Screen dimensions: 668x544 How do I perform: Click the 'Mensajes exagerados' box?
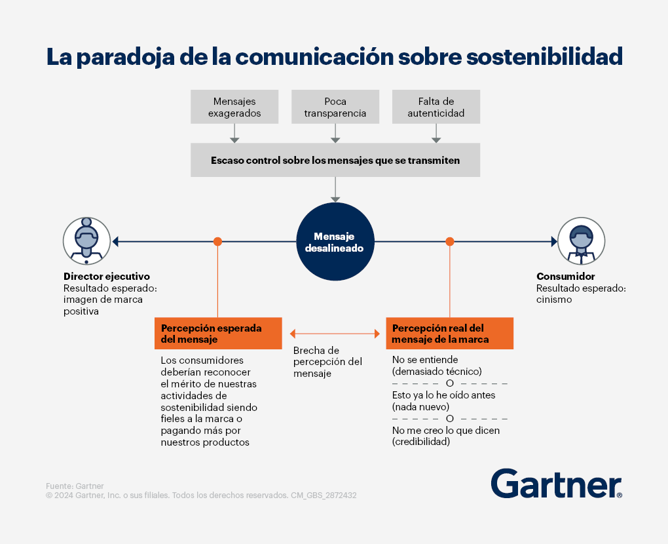(x=234, y=107)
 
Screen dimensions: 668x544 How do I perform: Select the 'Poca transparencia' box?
(x=335, y=107)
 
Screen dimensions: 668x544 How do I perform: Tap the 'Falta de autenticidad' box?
(x=436, y=107)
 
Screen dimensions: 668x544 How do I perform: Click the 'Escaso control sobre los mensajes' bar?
(x=335, y=160)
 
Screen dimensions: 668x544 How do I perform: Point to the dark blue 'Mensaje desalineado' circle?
(x=335, y=241)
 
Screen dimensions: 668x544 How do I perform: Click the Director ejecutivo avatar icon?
(x=87, y=241)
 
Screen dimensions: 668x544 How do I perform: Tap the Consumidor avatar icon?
(x=581, y=241)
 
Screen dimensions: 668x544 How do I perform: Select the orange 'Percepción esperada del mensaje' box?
(x=218, y=334)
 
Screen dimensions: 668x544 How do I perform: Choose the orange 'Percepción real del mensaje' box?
(x=449, y=334)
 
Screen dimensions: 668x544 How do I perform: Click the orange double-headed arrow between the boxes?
(x=335, y=334)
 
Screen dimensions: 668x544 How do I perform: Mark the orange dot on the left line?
(x=217, y=242)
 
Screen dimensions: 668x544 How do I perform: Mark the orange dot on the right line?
(x=450, y=242)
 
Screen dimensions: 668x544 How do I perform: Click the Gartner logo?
(x=557, y=484)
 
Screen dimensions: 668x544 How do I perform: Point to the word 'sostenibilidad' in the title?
(x=544, y=57)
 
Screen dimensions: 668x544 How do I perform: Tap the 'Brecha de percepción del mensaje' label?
(x=327, y=362)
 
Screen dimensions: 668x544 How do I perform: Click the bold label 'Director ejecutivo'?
(x=107, y=277)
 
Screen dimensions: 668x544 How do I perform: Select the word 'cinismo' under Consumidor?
(x=554, y=300)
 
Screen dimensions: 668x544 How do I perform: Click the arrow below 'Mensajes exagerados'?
(x=234, y=134)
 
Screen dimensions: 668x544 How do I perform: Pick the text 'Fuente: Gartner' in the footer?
(x=75, y=486)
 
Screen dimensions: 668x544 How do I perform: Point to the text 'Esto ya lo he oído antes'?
(x=443, y=395)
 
